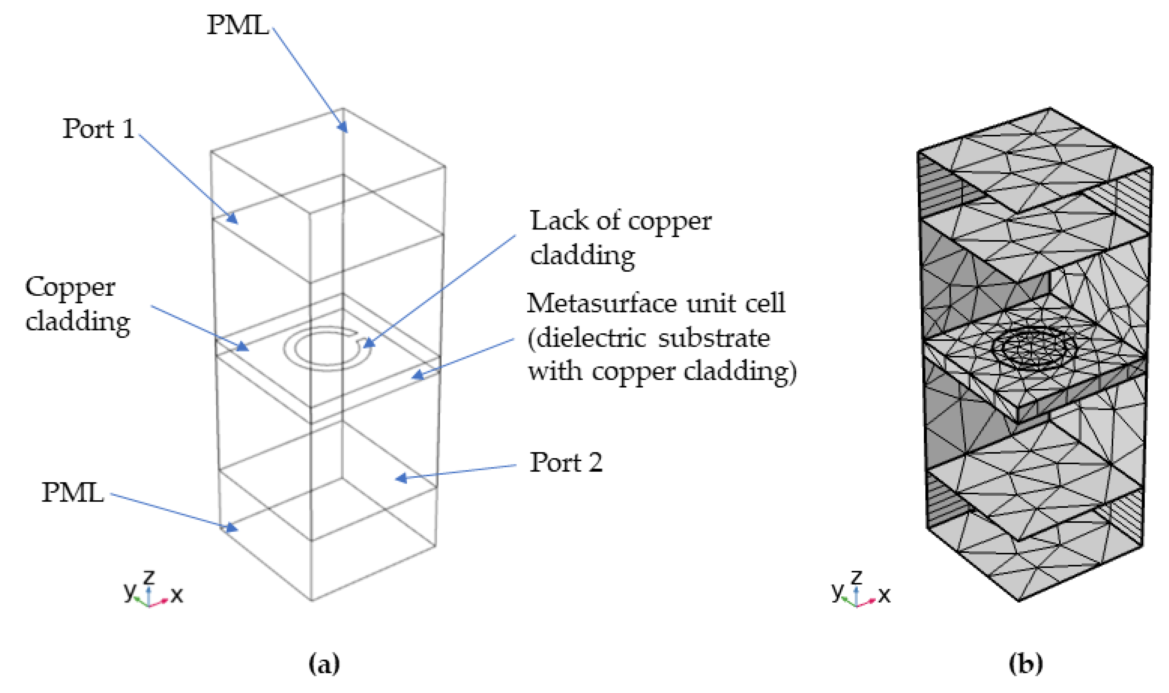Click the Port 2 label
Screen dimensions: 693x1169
[x=566, y=462]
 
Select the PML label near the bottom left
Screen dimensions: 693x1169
[x=72, y=492]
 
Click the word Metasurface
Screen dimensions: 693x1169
[x=602, y=303]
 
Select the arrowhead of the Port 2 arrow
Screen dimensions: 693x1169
[x=399, y=478]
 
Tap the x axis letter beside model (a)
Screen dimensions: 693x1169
[x=177, y=595]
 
